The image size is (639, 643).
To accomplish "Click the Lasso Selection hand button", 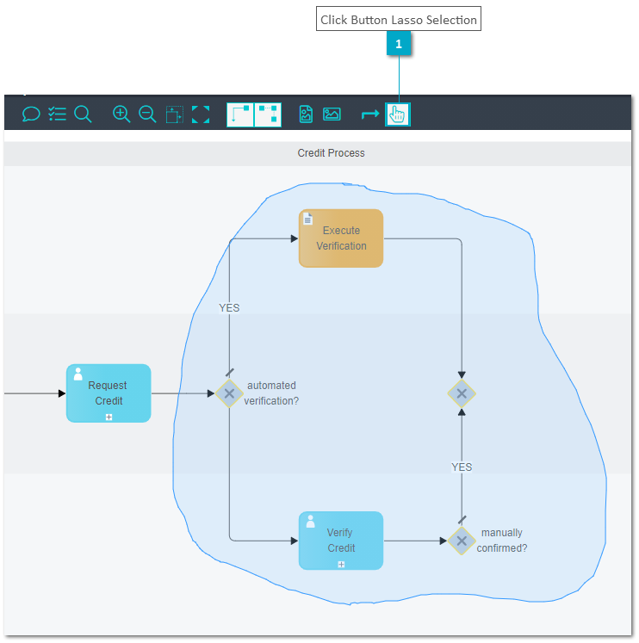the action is [x=397, y=114].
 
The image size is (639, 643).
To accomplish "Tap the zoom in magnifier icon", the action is [x=121, y=114].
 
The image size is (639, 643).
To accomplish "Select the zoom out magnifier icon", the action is [x=147, y=114].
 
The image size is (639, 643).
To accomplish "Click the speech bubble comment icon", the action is [x=31, y=114].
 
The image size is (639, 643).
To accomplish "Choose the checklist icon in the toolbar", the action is [x=57, y=114].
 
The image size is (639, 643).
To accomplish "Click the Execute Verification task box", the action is [x=341, y=238].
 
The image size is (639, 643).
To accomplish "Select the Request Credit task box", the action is [x=109, y=393].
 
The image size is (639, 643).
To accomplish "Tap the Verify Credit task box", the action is [x=341, y=541].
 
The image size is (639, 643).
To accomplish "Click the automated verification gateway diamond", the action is [x=229, y=393].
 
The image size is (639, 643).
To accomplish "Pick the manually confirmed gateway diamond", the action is [x=462, y=541].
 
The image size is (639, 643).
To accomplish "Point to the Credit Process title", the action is [x=331, y=153].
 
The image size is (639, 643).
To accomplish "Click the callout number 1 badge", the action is [x=399, y=44].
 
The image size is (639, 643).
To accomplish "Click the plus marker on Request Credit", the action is [x=109, y=417].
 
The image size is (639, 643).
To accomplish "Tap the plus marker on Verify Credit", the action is [x=341, y=565].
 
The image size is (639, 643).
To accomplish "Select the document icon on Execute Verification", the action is [x=307, y=219].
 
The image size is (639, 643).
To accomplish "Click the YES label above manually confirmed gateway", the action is [x=462, y=467].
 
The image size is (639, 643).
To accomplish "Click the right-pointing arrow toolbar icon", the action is [x=370, y=114].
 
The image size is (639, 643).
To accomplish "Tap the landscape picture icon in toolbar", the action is [x=332, y=114].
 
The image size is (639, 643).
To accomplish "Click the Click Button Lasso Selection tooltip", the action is [x=399, y=19].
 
